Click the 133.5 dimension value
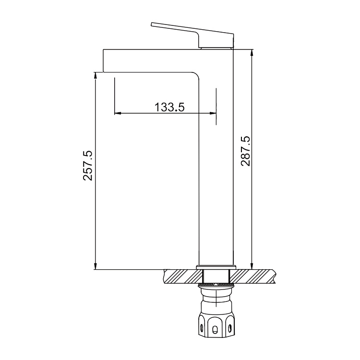tap(169, 107)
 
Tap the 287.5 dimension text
tap(245, 151)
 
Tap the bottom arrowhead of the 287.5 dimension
tap(251, 263)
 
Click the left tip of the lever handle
tap(152, 24)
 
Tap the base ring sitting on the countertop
tap(216, 267)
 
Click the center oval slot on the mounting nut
tap(216, 329)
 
